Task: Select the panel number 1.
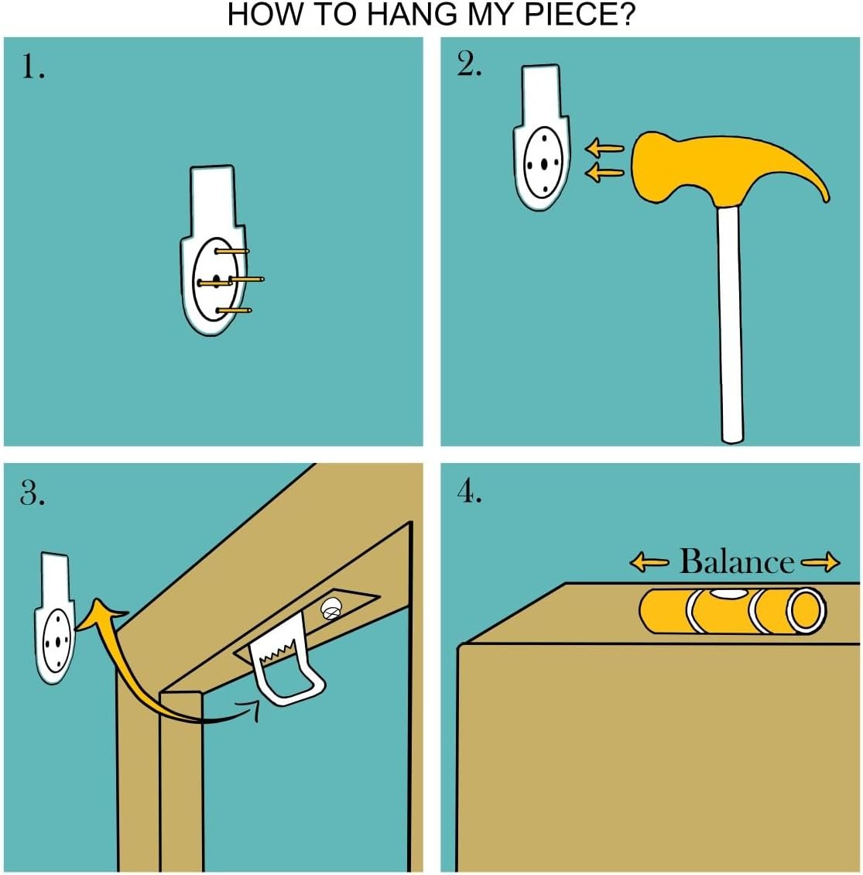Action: click(33, 67)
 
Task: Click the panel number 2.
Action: click(469, 65)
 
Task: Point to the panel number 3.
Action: click(33, 493)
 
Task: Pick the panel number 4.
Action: click(469, 492)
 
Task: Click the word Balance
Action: click(736, 561)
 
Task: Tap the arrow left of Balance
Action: click(649, 562)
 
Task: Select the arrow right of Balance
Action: click(820, 562)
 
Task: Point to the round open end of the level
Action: click(806, 610)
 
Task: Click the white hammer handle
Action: click(730, 324)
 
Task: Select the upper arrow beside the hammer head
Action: click(604, 149)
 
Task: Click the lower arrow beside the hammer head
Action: click(604, 173)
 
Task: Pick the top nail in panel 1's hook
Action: click(232, 252)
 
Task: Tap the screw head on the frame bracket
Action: click(331, 609)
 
